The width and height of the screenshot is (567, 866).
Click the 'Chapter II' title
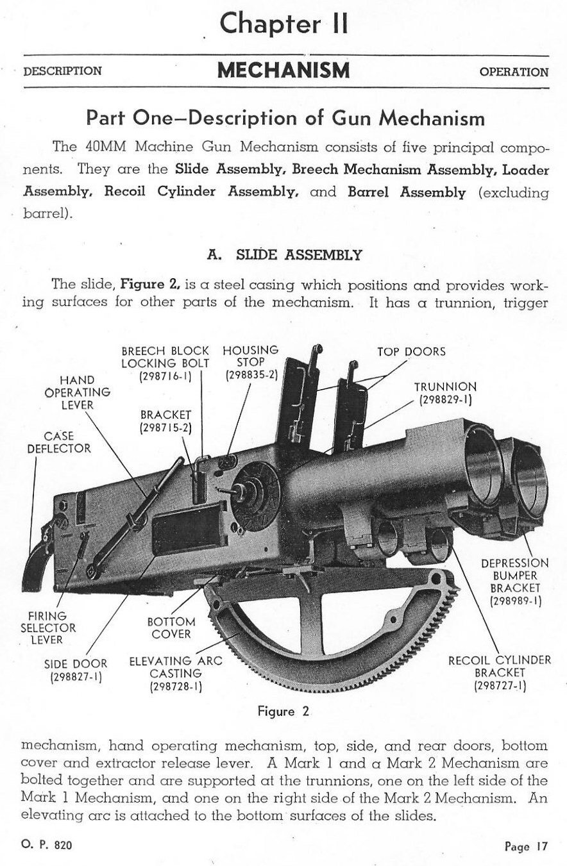[x=284, y=24]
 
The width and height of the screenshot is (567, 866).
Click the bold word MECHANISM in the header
[x=283, y=71]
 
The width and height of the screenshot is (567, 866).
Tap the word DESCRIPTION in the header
[x=62, y=71]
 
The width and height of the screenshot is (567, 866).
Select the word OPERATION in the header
[x=514, y=72]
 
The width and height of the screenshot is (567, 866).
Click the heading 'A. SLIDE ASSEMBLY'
[x=285, y=255]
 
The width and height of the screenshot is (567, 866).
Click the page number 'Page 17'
[x=526, y=846]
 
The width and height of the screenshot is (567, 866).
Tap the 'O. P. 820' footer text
[x=47, y=845]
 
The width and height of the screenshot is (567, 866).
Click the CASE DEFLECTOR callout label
[x=58, y=442]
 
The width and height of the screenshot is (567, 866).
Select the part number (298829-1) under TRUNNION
[x=445, y=400]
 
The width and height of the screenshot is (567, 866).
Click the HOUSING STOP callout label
[x=250, y=356]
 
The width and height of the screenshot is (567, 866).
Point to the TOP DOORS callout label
[x=411, y=351]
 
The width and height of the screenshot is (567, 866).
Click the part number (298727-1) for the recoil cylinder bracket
[x=500, y=687]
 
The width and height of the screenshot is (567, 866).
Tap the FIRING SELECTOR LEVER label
[x=48, y=628]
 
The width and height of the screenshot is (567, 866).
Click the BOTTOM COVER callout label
[x=171, y=628]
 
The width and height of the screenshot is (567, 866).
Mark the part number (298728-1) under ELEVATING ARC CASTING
[x=176, y=687]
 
